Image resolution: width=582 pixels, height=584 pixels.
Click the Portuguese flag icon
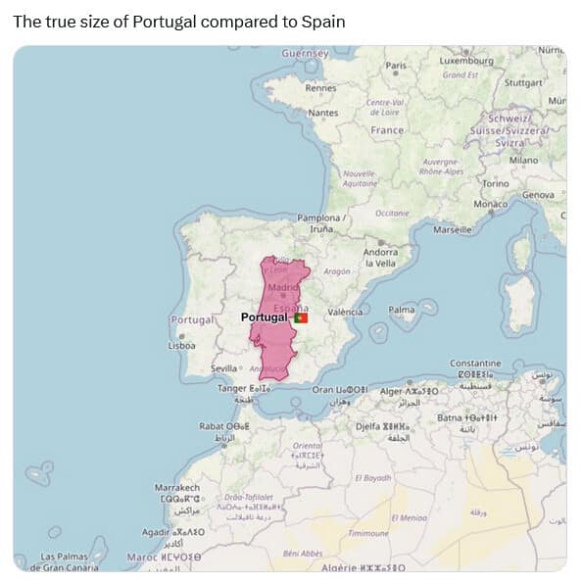click(301, 317)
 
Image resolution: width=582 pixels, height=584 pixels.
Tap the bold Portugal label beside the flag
click(265, 317)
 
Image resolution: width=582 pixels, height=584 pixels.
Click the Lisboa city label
click(181, 345)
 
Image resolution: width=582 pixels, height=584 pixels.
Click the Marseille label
click(452, 229)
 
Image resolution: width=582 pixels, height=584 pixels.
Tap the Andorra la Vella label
click(380, 258)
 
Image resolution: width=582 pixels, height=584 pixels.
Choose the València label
click(345, 312)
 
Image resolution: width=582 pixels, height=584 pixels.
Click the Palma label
click(402, 310)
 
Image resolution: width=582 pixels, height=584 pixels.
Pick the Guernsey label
click(305, 53)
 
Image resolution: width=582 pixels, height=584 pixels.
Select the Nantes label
click(322, 113)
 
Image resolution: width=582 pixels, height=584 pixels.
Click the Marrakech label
click(177, 488)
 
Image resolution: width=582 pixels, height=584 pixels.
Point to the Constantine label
click(475, 364)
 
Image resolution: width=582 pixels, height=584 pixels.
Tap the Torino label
click(495, 184)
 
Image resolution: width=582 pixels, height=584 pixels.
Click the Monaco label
click(490, 204)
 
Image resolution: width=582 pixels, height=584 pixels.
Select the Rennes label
click(320, 87)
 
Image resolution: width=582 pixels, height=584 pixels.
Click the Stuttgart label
click(522, 82)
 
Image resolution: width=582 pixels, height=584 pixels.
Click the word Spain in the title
click(326, 21)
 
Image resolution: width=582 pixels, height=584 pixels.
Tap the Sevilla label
click(225, 368)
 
